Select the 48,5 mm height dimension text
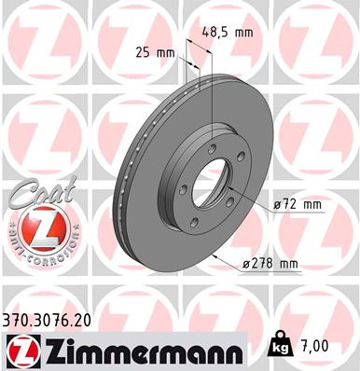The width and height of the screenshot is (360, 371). pyautogui.click(x=227, y=31)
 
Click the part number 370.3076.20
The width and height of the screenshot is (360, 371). pyautogui.click(x=53, y=318)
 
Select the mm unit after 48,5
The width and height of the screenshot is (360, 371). pyautogui.click(x=244, y=31)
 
